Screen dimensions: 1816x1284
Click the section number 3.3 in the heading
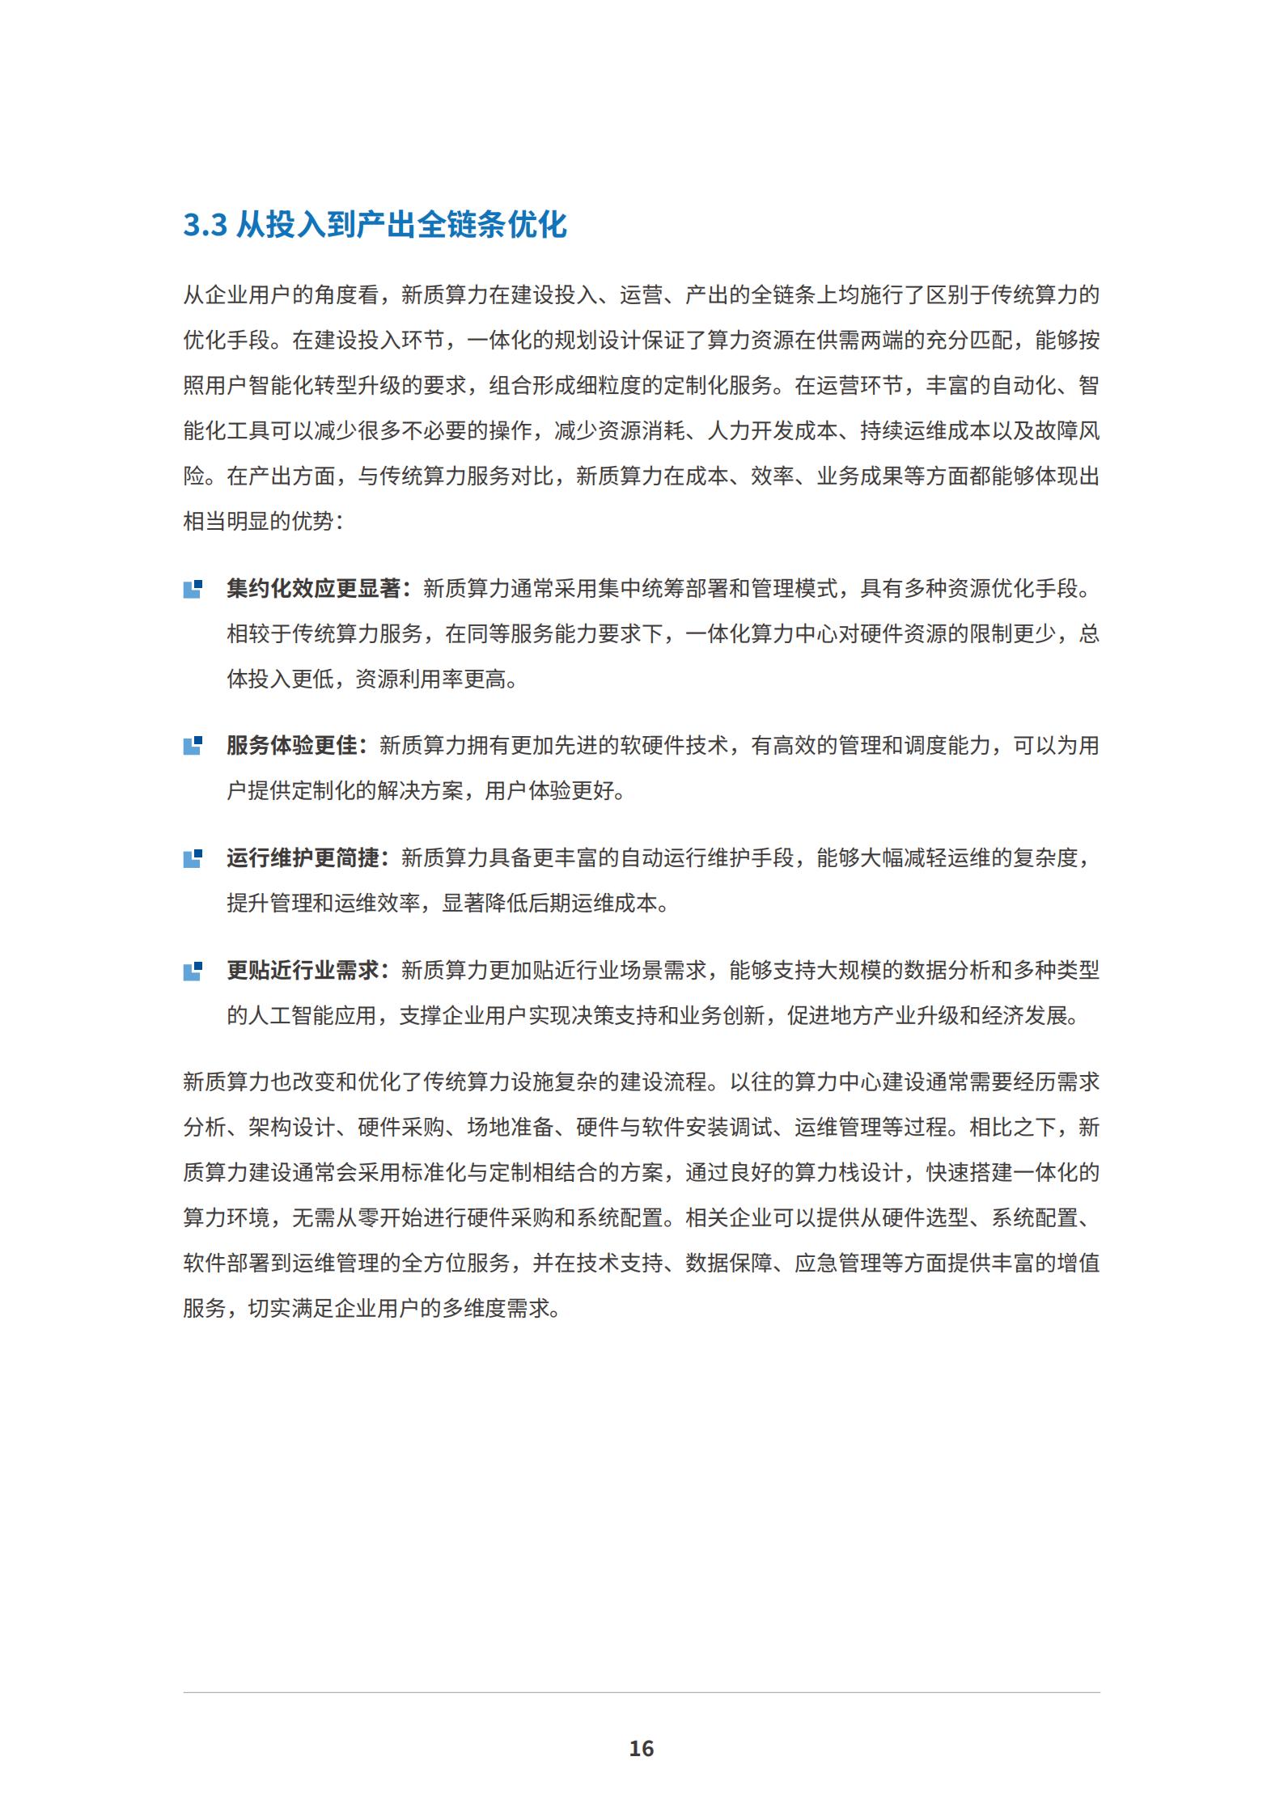(205, 225)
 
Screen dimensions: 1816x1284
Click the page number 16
(641, 1748)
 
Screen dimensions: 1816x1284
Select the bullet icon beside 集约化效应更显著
(193, 589)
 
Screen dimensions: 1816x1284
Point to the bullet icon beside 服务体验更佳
(193, 746)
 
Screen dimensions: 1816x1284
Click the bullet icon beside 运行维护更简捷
(193, 858)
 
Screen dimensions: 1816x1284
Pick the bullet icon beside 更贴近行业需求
(193, 971)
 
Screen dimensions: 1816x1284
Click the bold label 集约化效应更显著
(313, 589)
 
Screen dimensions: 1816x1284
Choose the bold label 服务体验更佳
(291, 746)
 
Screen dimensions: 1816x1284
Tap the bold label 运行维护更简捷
(303, 858)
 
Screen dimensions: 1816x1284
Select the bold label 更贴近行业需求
(303, 971)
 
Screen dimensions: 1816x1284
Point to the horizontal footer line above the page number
(641, 1692)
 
